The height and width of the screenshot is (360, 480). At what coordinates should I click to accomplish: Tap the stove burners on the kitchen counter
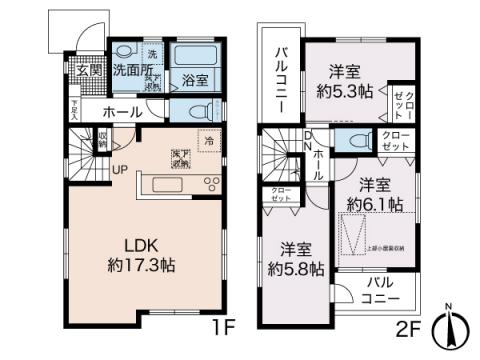pos(213,182)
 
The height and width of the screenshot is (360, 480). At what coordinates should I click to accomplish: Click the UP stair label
pos(119,169)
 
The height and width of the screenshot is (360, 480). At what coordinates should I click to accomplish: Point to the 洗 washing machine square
pos(151,53)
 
